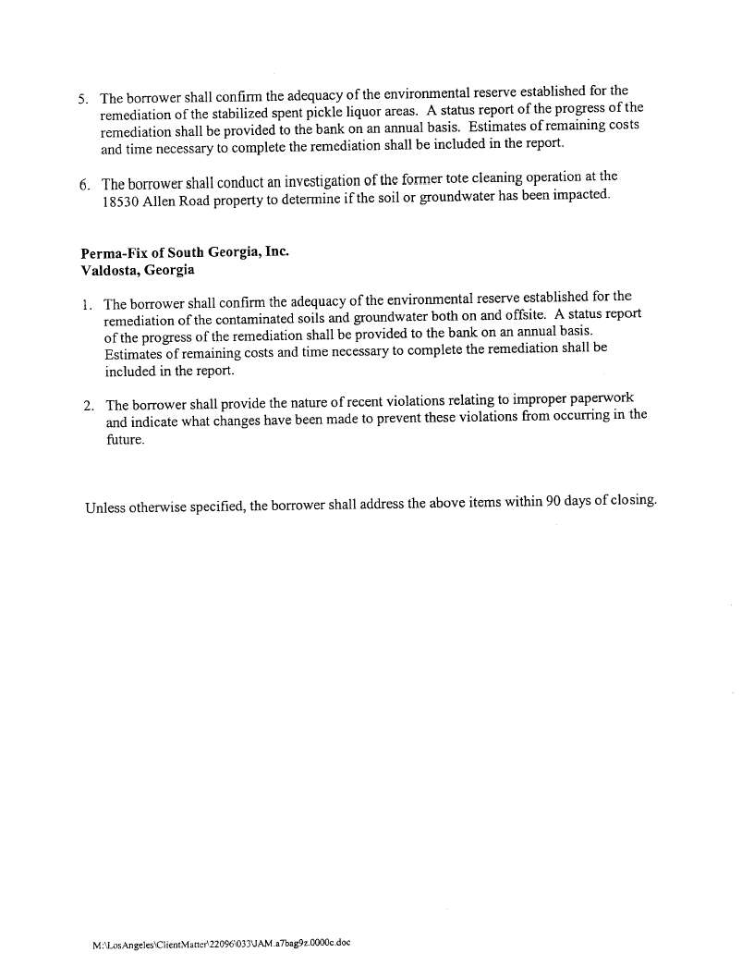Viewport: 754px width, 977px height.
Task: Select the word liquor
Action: pyautogui.click(x=336, y=113)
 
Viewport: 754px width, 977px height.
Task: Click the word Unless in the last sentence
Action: pyautogui.click(x=104, y=507)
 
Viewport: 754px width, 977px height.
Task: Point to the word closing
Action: pyautogui.click(x=633, y=501)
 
